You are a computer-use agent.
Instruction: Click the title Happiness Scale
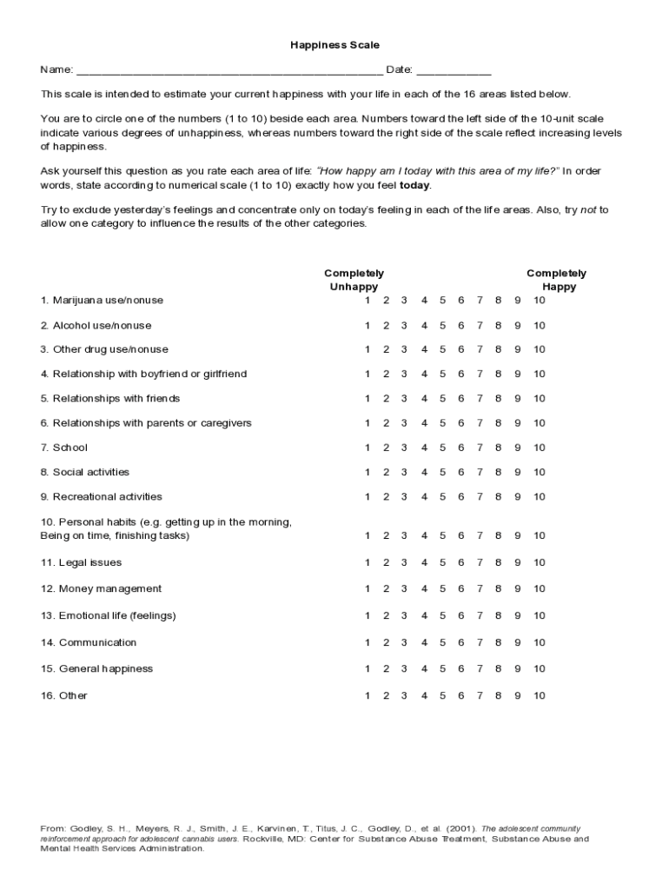(x=334, y=44)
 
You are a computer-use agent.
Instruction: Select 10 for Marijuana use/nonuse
(x=540, y=300)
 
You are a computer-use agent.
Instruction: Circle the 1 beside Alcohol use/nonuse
(x=368, y=325)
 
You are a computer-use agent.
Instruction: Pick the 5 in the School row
(x=442, y=448)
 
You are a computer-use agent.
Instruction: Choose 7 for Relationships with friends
(x=480, y=398)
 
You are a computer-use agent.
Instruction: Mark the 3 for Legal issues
(x=404, y=562)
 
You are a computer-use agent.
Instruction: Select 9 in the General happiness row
(x=518, y=668)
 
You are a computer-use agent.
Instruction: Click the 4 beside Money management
(x=424, y=588)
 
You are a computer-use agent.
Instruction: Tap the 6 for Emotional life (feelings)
(x=461, y=615)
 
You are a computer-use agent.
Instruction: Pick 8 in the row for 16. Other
(x=498, y=695)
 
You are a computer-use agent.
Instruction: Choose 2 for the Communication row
(x=386, y=642)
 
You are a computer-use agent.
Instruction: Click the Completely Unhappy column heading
(x=354, y=280)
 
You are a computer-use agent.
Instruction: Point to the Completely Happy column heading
(x=556, y=280)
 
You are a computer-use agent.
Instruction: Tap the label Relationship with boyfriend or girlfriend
(x=143, y=374)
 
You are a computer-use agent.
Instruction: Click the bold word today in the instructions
(x=414, y=185)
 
